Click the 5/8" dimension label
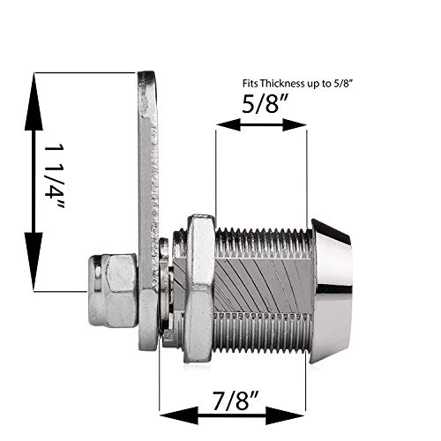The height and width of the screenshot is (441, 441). pyautogui.click(x=261, y=104)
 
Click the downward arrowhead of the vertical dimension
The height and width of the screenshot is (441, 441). pyautogui.click(x=34, y=275)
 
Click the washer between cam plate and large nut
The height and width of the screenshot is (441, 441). pyautogui.click(x=165, y=287)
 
